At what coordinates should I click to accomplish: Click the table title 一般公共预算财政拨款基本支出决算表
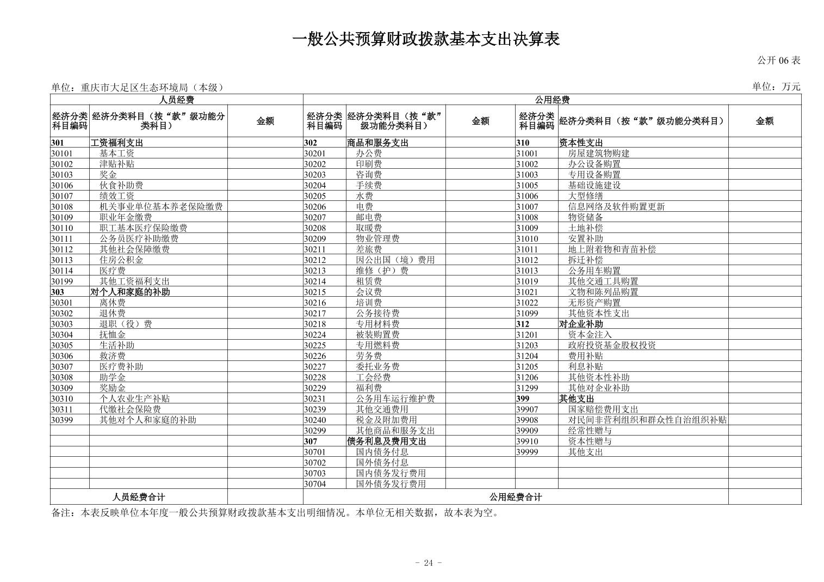coord(426,39)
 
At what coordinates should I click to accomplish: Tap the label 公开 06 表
coord(778,60)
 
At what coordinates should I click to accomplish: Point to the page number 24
coord(428,563)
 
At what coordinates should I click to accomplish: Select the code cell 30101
coord(62,154)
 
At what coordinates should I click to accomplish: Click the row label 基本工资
coord(116,154)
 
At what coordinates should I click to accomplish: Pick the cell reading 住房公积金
coord(121,260)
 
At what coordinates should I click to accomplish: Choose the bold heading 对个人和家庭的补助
coord(130,292)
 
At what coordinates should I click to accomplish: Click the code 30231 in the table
coord(315,399)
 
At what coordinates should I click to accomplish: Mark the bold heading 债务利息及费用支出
coord(386,442)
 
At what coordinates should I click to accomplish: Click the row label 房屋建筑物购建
coord(598,154)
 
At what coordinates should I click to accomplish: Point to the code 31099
coord(527,314)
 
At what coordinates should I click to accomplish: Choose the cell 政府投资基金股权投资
coord(611,345)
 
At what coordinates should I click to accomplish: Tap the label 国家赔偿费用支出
coord(603,409)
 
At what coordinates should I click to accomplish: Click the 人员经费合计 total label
coord(139,497)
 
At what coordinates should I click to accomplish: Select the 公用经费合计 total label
coord(515,497)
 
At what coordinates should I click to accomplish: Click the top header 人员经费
coord(176,100)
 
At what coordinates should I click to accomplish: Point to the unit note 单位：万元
coord(776,87)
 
